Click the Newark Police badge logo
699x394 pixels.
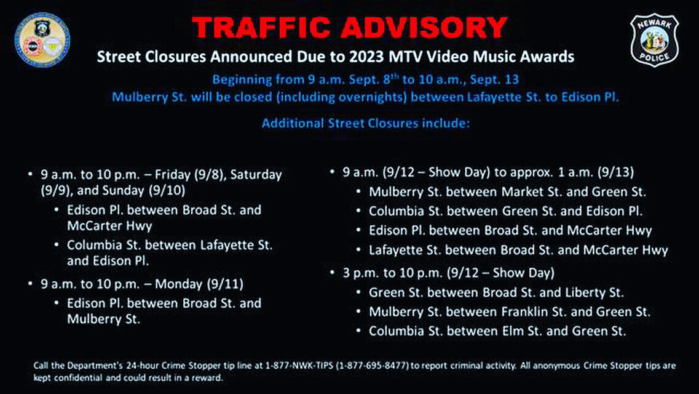pos(654,40)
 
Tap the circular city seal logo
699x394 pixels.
pos(42,40)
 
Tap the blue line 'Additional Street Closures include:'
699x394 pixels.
pos(365,123)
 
